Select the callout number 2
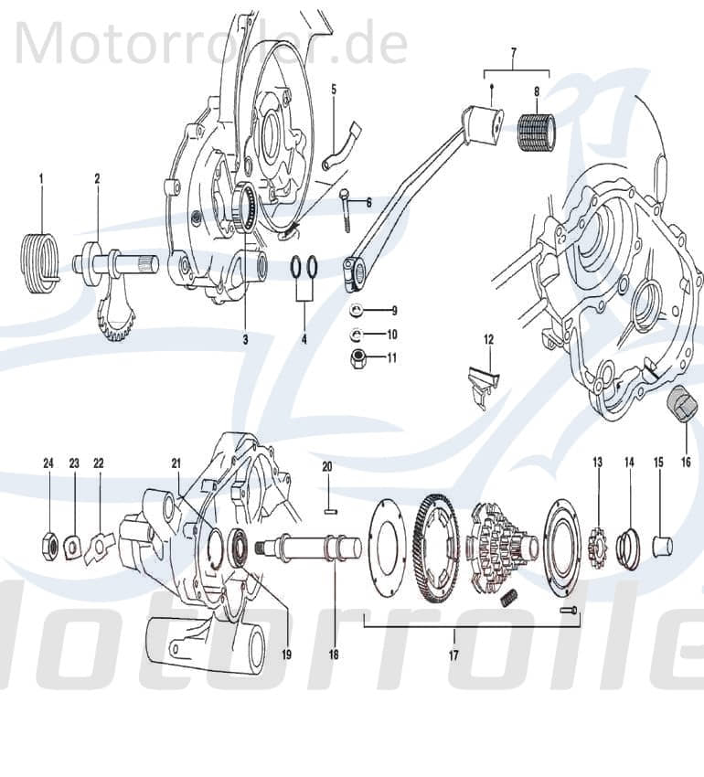point(97,179)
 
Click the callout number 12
point(488,339)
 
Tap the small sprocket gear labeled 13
point(597,547)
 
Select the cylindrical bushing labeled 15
point(662,547)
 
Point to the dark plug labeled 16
point(679,407)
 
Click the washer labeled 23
point(73,547)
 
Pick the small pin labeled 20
point(327,499)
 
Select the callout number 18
point(333,655)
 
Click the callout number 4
point(304,339)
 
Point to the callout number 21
point(176,463)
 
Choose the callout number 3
point(245,339)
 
